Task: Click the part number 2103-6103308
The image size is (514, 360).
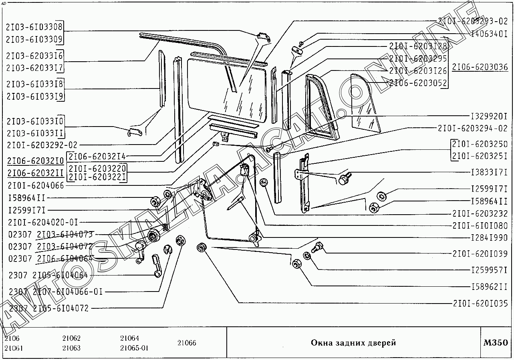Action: point(34,27)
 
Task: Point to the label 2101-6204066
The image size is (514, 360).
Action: point(36,185)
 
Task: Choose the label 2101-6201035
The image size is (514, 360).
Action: point(480,303)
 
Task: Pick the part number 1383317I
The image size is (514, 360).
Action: point(488,173)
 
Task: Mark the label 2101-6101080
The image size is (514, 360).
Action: point(480,225)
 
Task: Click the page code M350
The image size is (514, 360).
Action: point(496,343)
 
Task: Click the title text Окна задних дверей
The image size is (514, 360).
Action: point(353,343)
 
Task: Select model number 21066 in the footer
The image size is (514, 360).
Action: point(187,343)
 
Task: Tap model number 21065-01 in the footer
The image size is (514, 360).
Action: point(134,348)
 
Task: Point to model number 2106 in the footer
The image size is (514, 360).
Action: point(12,338)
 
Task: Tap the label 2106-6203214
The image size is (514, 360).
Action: point(97,156)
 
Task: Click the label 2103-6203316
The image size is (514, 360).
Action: point(34,56)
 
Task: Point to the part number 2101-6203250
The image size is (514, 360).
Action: point(480,144)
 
